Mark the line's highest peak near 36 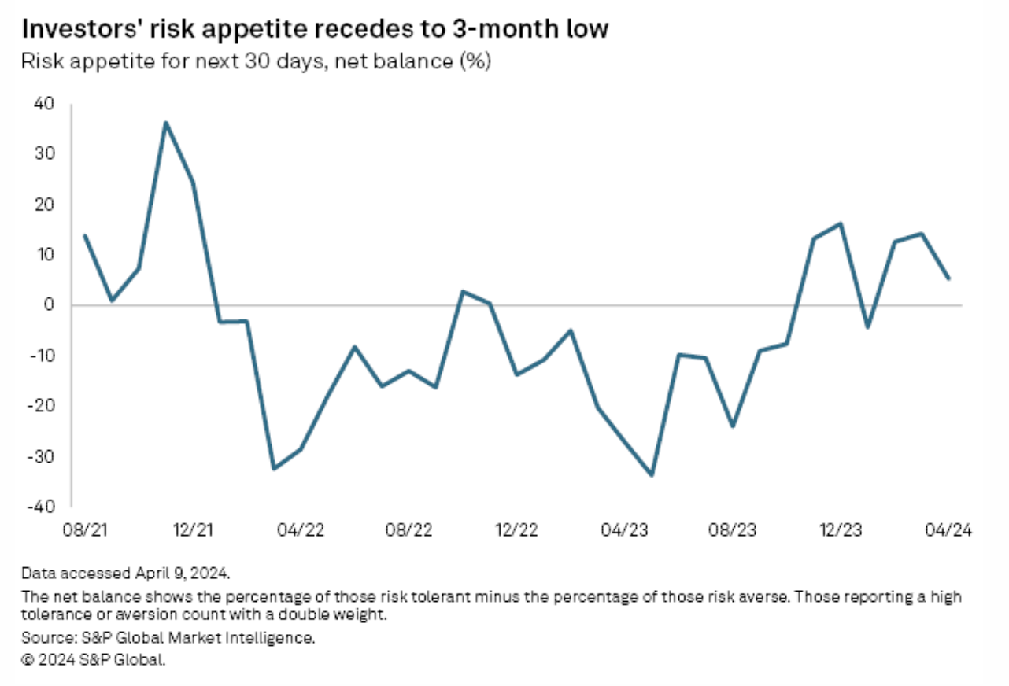(x=166, y=123)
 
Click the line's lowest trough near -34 (x=652, y=475)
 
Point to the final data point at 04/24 (x=949, y=278)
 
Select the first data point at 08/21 (x=84, y=235)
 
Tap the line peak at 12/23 (x=841, y=223)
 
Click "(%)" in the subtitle (x=475, y=62)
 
